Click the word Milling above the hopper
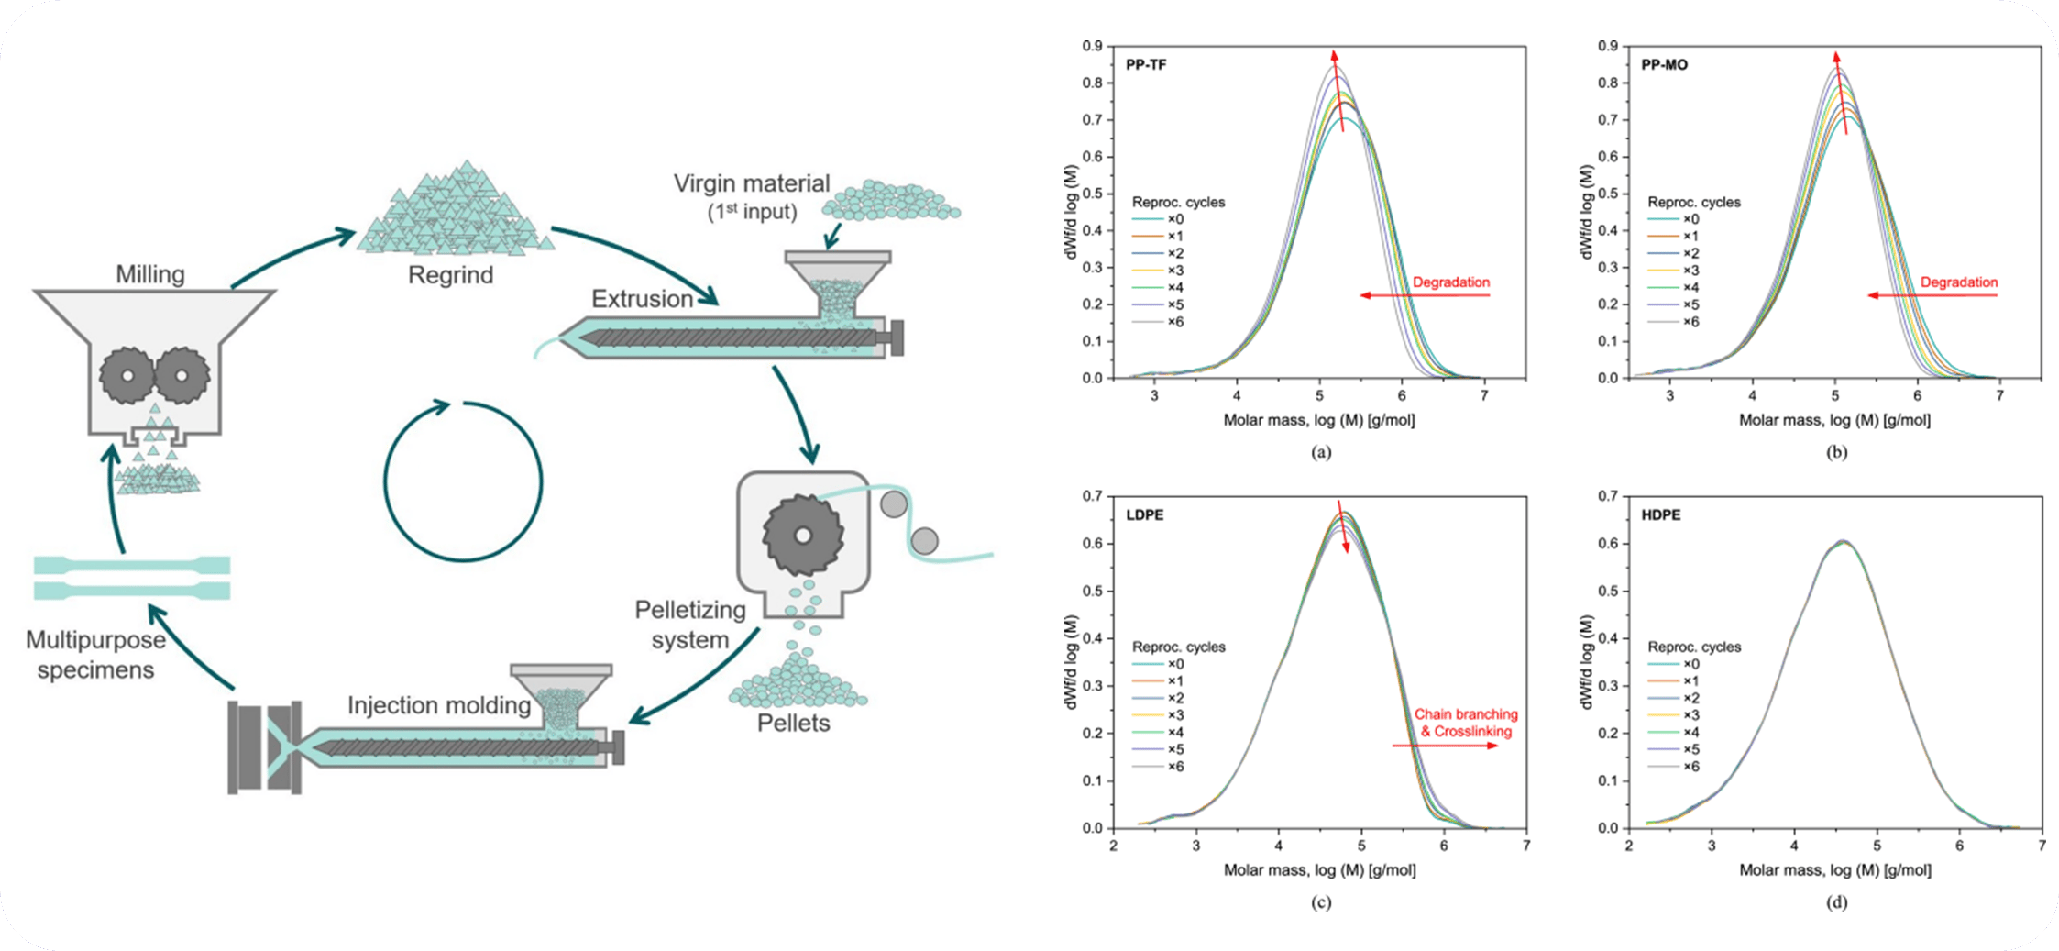point(149,274)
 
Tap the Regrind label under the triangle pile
point(450,275)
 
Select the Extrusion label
point(642,299)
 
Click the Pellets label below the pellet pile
point(793,723)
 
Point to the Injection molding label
point(439,705)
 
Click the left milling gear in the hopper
point(127,375)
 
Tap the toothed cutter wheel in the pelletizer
point(802,536)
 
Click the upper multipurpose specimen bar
point(131,564)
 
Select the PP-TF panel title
point(1146,65)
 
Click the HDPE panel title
point(1661,515)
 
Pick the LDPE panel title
point(1145,515)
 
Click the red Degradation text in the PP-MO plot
point(1958,282)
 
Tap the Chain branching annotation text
point(1465,714)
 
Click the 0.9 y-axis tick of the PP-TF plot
point(1091,46)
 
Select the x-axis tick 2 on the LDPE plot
point(1114,845)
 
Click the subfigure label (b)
point(1835,452)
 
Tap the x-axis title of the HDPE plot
point(1834,869)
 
